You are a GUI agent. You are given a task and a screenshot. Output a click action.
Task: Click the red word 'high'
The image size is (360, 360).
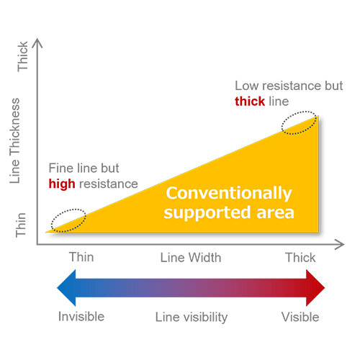[62, 184]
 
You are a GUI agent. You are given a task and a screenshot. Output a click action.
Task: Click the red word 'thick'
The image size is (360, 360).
[250, 101]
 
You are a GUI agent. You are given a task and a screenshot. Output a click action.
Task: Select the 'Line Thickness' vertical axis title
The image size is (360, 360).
[15, 141]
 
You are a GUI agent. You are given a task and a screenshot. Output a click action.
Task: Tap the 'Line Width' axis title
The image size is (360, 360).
[191, 258]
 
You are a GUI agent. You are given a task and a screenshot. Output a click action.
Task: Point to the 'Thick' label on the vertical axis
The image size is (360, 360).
[22, 56]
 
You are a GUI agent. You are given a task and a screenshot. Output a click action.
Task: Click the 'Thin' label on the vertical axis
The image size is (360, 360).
[21, 225]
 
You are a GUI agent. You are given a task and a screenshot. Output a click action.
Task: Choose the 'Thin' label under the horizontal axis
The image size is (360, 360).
[81, 257]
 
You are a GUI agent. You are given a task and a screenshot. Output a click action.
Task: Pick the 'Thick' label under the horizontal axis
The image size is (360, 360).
[300, 258]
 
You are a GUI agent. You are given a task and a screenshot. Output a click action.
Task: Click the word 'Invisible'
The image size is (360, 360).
[81, 317]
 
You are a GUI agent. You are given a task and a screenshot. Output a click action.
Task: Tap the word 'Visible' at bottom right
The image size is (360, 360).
[300, 317]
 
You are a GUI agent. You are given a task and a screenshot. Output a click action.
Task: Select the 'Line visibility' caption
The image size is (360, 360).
[192, 318]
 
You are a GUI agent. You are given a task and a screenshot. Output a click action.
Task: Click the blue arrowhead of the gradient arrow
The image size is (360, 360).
[66, 288]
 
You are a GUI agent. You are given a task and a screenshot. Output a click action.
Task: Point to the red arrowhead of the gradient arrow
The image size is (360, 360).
[315, 288]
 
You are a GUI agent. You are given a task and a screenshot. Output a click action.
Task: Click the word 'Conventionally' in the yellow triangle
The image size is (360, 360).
[229, 194]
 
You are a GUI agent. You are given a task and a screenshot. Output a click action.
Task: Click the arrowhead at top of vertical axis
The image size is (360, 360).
[37, 42]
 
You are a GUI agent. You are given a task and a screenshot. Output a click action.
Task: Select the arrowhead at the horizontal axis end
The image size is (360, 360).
[341, 245]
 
